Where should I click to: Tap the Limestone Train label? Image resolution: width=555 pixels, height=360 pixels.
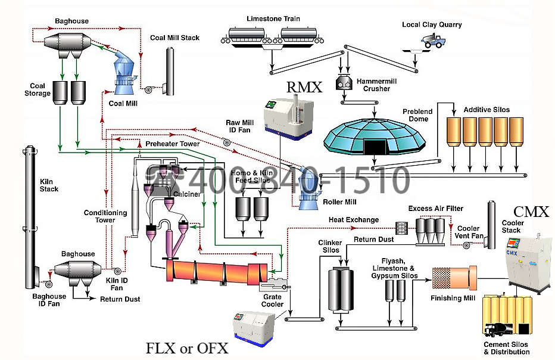pos(273,19)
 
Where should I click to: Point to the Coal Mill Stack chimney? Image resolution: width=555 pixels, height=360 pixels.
pos(170,70)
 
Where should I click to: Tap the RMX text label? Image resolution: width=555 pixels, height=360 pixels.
pos(304,88)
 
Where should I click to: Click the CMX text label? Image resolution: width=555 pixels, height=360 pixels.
pos(531,212)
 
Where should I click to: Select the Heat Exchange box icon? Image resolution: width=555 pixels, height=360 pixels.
pos(401,227)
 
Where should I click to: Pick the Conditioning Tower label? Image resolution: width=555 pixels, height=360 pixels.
pos(105,216)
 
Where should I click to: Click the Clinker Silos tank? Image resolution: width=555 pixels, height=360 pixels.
pos(341,289)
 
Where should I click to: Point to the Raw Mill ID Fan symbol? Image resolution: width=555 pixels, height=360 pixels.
pos(226,142)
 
